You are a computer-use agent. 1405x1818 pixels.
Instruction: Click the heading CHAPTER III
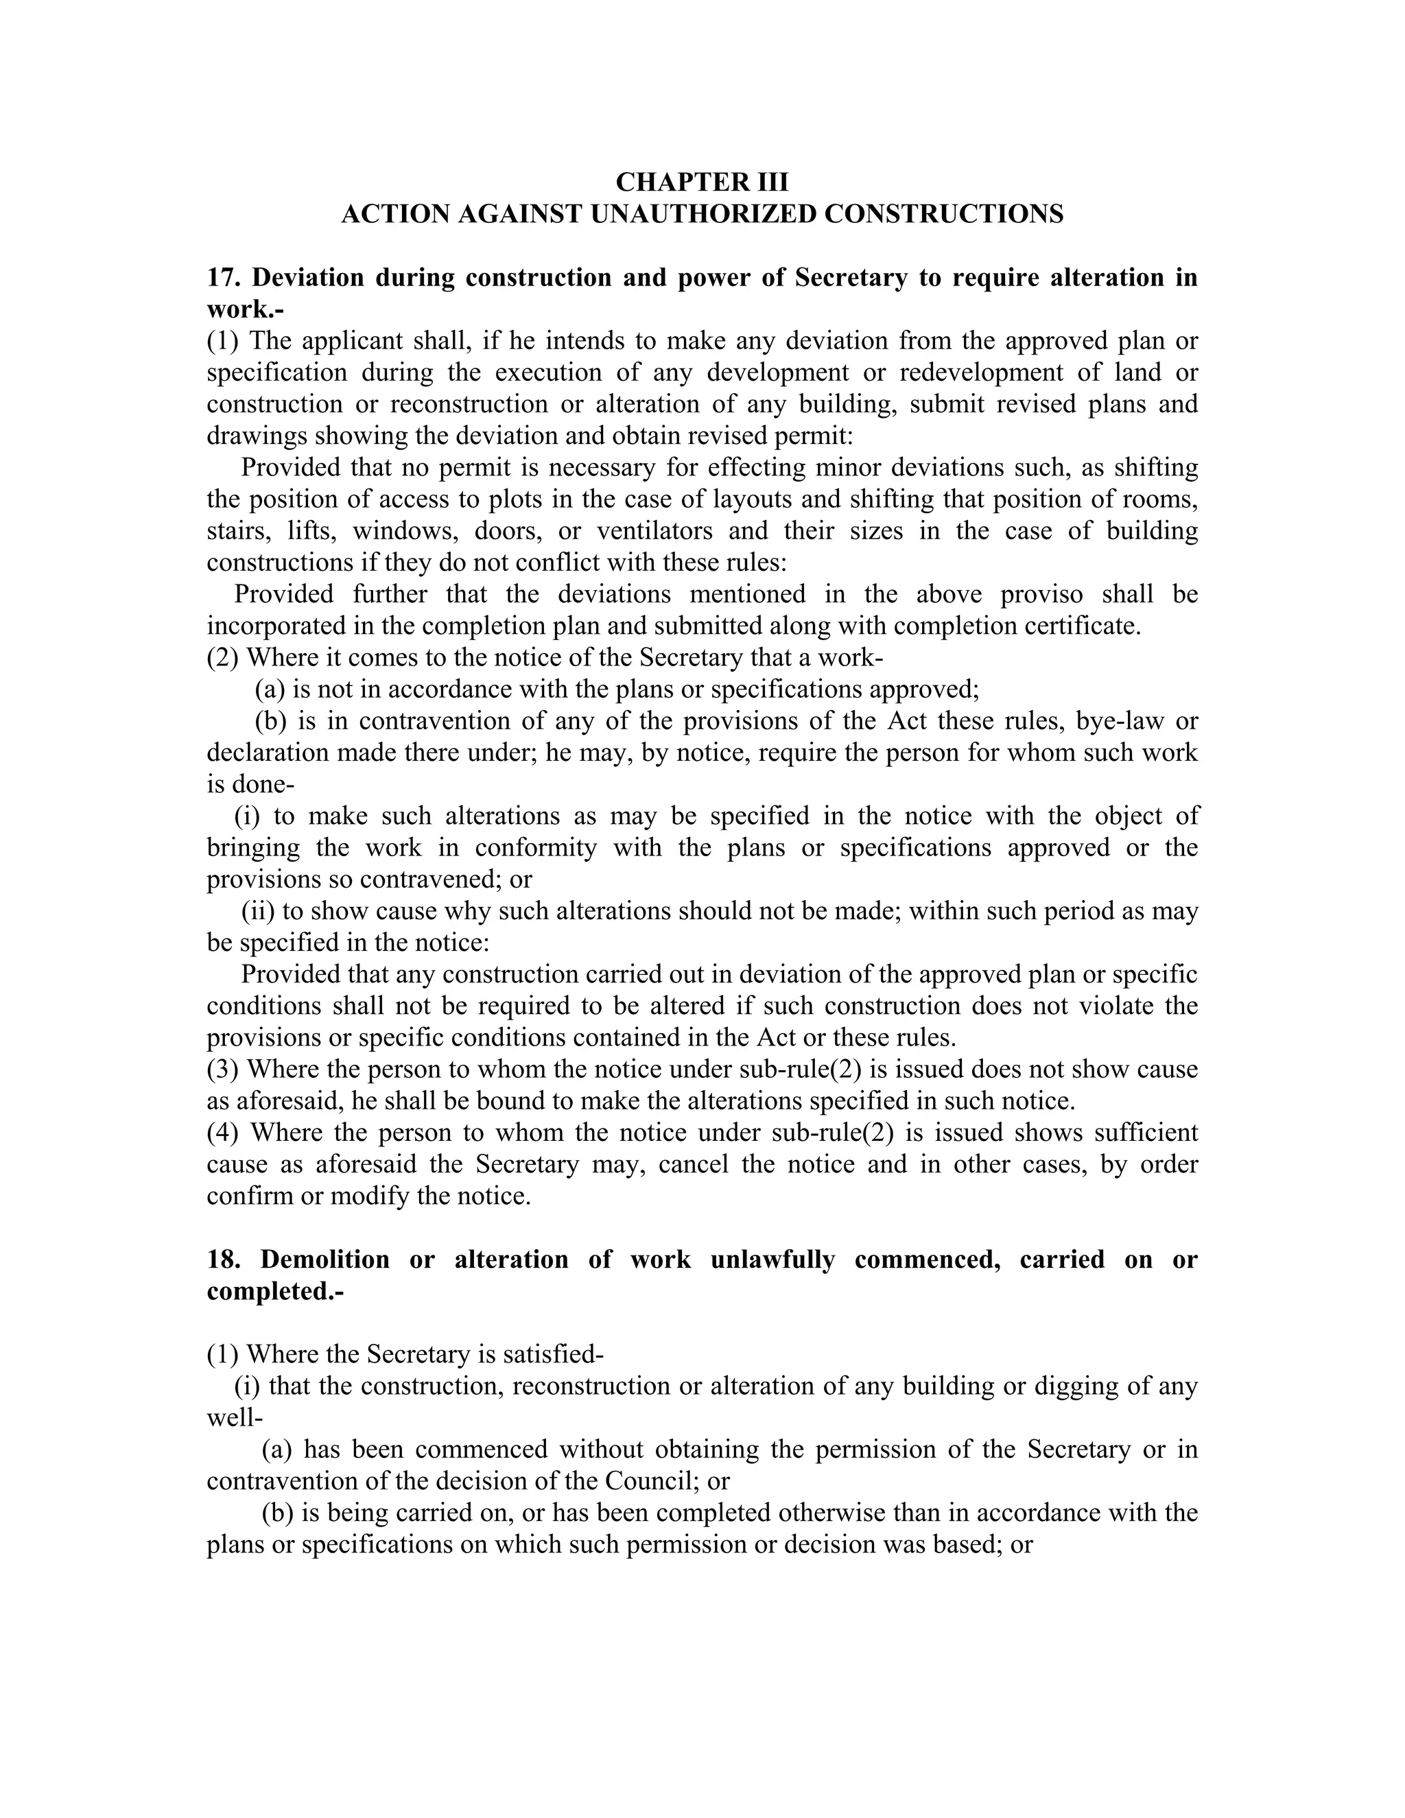pos(702,182)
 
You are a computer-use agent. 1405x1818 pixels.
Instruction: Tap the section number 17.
pos(223,277)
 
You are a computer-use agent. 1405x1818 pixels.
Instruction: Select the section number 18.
pos(223,1260)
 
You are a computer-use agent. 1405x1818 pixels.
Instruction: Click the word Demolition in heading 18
pos(324,1260)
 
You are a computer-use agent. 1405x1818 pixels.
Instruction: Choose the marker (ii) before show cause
pos(258,910)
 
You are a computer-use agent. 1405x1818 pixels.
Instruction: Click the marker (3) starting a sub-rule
pos(222,1069)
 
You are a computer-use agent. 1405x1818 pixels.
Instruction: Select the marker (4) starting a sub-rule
pos(222,1132)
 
